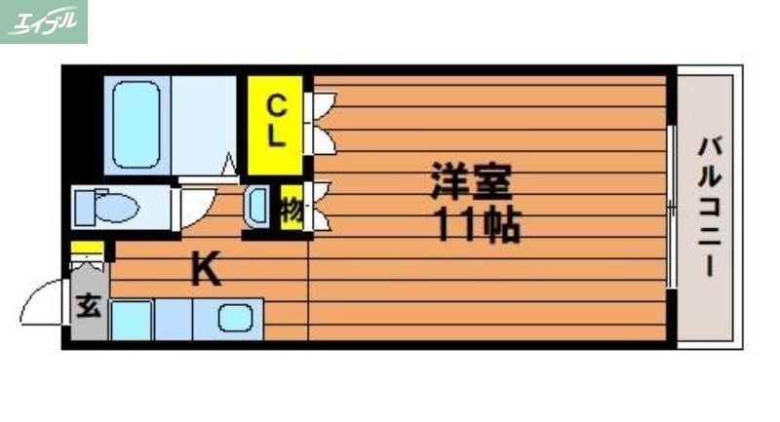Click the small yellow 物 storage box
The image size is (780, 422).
pyautogui.click(x=292, y=209)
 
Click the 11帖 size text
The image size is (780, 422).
pyautogui.click(x=476, y=226)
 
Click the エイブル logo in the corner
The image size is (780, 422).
pyautogui.click(x=44, y=21)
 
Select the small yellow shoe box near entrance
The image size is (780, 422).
pyautogui.click(x=88, y=247)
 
